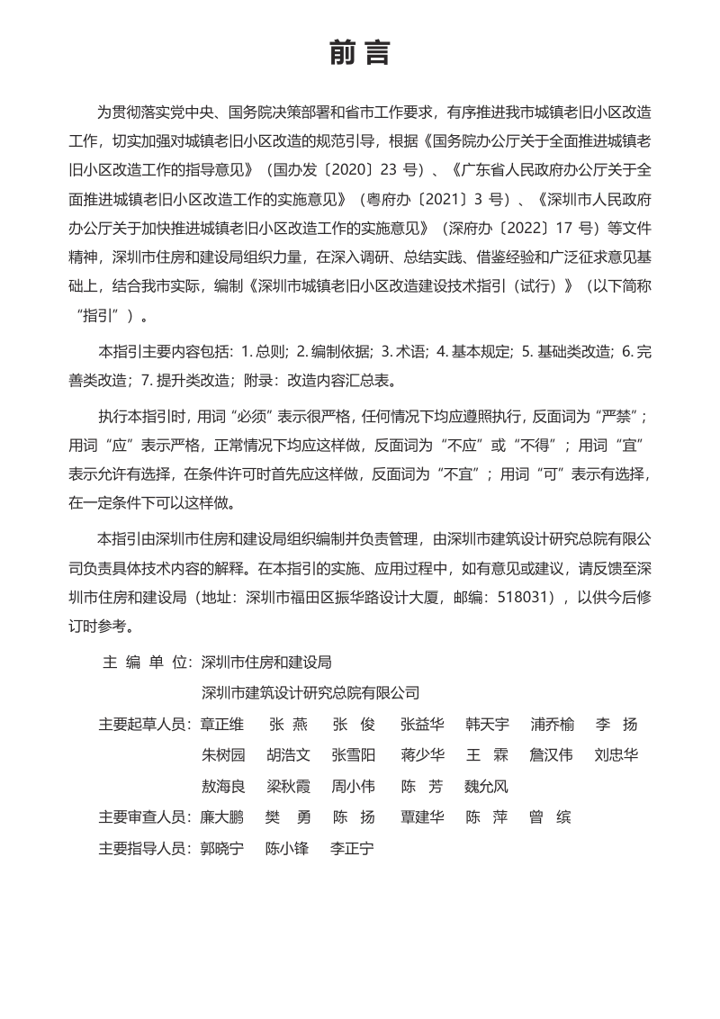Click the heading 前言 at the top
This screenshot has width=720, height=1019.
click(x=359, y=54)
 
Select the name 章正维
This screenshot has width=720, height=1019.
click(x=222, y=725)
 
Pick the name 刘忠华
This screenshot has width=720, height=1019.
click(x=616, y=755)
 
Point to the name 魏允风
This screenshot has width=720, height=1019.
click(x=486, y=787)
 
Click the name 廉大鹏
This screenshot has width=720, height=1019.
click(x=222, y=817)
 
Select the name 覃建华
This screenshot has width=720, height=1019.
click(x=422, y=817)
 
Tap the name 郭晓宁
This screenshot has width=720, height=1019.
click(x=222, y=848)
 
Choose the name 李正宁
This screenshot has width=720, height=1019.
click(x=352, y=848)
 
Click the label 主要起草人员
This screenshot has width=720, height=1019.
click(x=144, y=725)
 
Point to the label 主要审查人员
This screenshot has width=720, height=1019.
click(x=144, y=817)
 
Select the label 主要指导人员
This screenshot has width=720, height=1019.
click(x=144, y=848)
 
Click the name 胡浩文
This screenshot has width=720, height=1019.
click(x=288, y=755)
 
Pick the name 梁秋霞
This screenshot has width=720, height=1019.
click(x=288, y=787)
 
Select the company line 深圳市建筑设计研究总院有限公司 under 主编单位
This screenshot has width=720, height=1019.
click(x=310, y=692)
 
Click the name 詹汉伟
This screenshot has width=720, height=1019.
click(x=551, y=755)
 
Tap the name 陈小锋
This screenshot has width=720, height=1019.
click(x=287, y=848)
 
